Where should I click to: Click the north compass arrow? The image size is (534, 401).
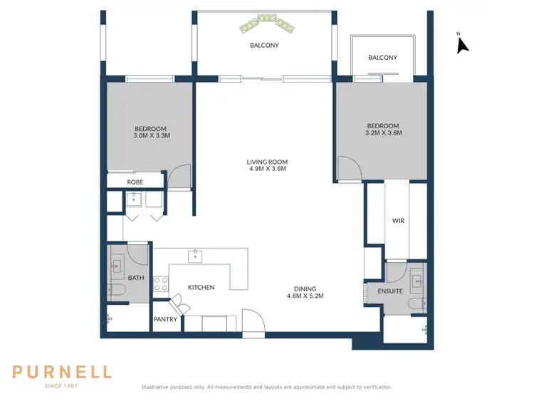(463, 46)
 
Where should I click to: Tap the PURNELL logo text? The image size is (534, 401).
(62, 371)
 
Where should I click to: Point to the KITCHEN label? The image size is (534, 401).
(201, 287)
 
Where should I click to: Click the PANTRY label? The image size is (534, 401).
(165, 321)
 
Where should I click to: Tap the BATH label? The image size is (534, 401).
(135, 278)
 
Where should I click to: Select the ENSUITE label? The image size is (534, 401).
(390, 291)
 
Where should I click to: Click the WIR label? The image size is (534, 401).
(398, 221)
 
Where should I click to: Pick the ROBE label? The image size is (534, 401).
(135, 182)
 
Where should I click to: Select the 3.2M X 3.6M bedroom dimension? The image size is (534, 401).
(383, 132)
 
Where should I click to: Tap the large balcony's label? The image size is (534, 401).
(264, 46)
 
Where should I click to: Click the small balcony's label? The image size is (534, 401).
(382, 58)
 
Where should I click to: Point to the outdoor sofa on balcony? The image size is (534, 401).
(267, 22)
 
